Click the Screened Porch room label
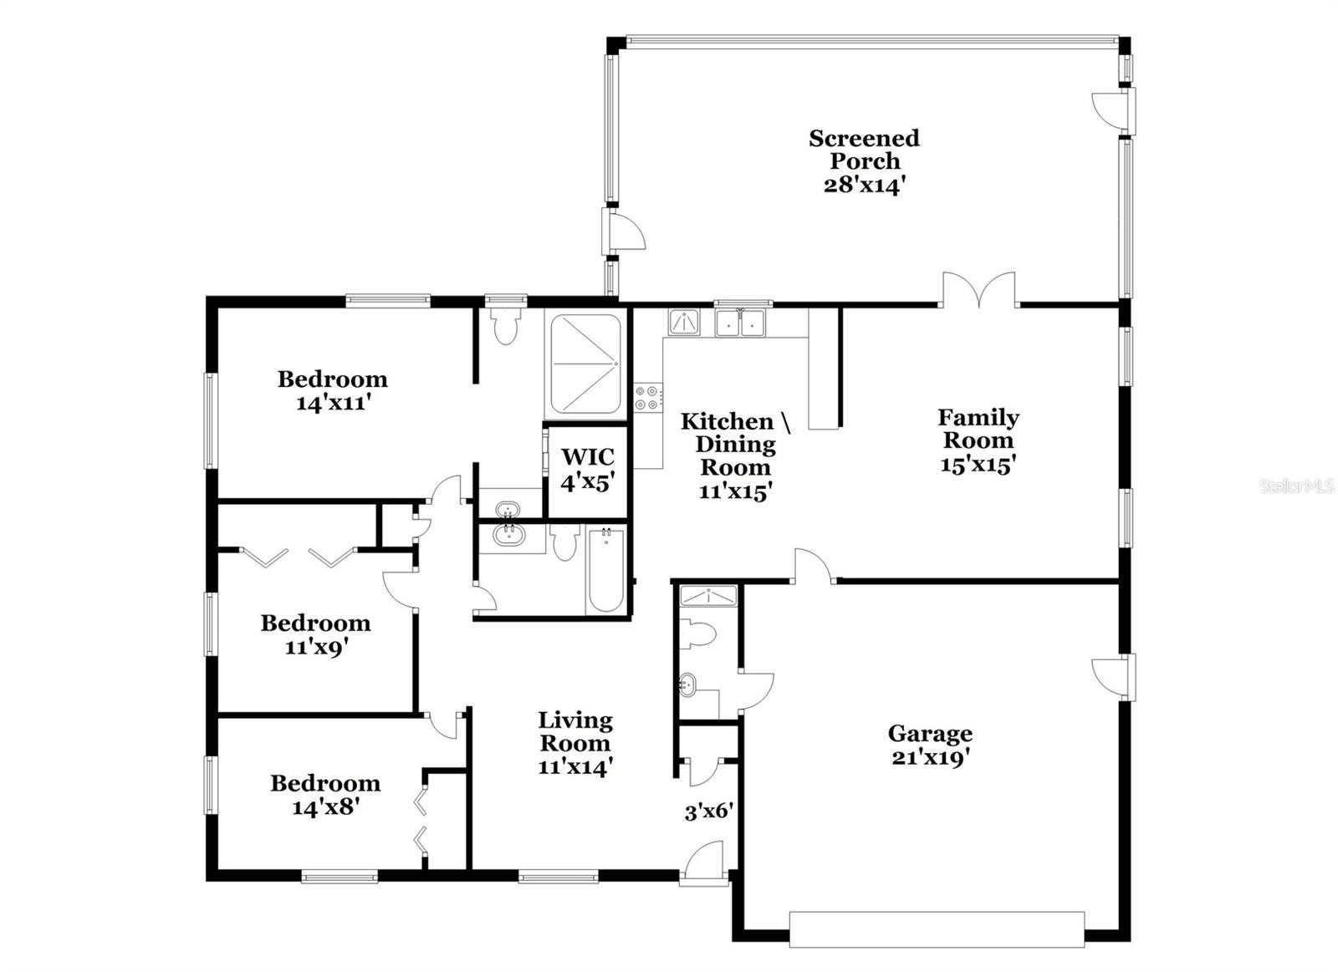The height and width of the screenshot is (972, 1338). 864,150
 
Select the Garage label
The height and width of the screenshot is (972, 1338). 930,733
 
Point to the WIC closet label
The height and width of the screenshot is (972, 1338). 588,456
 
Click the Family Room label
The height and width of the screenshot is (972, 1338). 978,429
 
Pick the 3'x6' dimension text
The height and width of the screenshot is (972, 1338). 709,812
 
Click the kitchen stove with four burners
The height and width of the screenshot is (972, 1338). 648,398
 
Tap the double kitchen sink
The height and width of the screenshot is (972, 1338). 741,323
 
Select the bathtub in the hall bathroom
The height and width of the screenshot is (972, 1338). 605,570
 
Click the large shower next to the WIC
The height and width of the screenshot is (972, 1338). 585,364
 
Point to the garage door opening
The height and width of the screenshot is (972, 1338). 937,929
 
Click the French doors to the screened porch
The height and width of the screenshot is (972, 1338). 978,290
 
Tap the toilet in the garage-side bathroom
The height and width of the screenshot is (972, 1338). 697,634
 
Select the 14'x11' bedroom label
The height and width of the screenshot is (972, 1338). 333,390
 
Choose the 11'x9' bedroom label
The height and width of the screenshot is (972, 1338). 316,634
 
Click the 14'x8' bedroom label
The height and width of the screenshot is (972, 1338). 325,794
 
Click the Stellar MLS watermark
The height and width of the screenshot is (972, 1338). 1297,486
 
